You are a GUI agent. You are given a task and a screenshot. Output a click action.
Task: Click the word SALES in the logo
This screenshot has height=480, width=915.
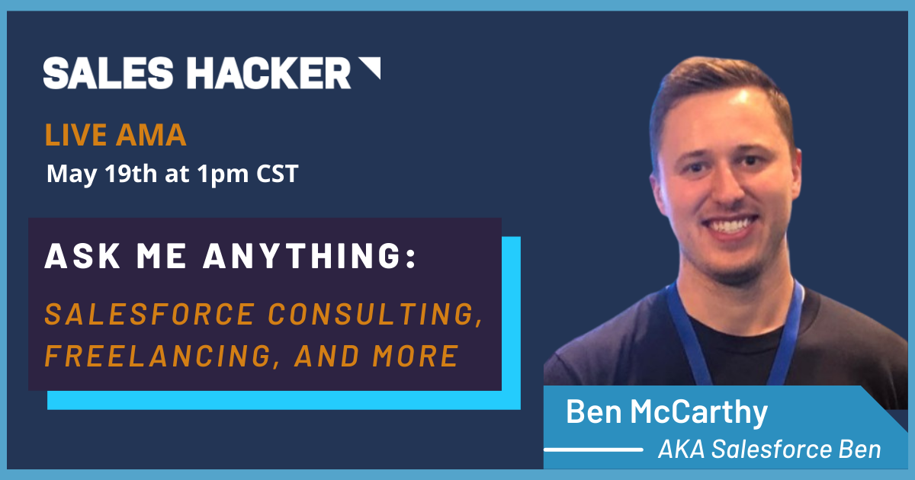(x=108, y=72)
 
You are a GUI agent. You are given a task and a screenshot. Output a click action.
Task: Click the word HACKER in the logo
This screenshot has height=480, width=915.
(x=268, y=72)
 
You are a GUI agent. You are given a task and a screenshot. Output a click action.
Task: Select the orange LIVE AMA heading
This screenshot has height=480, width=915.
(x=116, y=135)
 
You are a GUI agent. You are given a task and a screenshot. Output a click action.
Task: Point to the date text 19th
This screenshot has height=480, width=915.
(x=130, y=173)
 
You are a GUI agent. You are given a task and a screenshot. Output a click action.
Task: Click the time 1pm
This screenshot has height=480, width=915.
(x=222, y=174)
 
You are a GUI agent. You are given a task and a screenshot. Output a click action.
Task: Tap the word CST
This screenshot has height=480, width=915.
(x=278, y=174)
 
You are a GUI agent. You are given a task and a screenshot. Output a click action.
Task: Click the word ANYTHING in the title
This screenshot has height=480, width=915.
(x=310, y=256)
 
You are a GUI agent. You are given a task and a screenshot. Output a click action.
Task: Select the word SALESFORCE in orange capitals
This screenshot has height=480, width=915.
(x=150, y=314)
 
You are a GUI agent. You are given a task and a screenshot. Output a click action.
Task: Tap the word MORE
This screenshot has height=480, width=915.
(x=415, y=356)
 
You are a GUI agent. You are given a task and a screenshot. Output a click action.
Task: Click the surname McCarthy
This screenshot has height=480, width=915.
(x=699, y=413)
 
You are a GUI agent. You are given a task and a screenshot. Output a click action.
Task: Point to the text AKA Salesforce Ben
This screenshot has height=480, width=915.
(x=769, y=449)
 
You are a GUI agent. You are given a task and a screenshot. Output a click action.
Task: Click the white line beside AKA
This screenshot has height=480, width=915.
(x=593, y=450)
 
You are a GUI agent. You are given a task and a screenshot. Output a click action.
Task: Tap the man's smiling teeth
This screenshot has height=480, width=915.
(x=730, y=225)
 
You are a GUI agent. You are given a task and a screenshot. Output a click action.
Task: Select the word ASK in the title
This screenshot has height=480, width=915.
(x=82, y=256)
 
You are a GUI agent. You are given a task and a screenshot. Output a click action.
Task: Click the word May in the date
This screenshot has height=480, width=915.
(x=72, y=174)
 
